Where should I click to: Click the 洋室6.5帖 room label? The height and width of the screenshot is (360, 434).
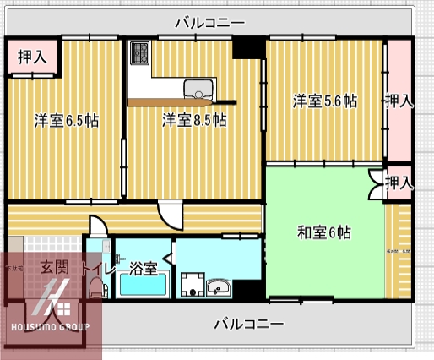click(67, 120)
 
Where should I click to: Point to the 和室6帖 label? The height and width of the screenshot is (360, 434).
click(324, 232)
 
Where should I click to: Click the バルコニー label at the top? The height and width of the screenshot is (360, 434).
click(209, 22)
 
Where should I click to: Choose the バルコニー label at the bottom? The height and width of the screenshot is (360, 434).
click(248, 324)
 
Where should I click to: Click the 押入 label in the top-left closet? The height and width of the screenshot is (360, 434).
click(32, 57)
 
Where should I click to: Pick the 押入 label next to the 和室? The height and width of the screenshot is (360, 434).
click(399, 182)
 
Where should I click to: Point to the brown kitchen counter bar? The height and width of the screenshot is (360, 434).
click(181, 101)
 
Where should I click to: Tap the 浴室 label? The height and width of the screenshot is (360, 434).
click(144, 269)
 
